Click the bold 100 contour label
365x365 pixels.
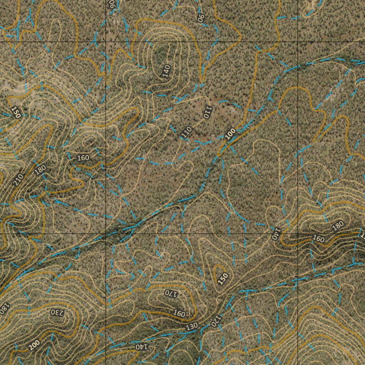[x=231, y=133]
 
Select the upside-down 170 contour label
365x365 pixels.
[x=171, y=293]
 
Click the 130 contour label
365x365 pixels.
[x=192, y=326]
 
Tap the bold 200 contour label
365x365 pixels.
[x=34, y=345]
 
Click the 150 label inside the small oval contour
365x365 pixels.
[x=223, y=278]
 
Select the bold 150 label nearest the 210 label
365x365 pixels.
[x=15, y=112]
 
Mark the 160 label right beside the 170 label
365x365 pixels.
[x=179, y=313]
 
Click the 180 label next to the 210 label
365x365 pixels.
[x=40, y=170]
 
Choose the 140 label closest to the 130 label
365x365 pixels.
[x=141, y=346]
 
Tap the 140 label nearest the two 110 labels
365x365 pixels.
[x=166, y=71]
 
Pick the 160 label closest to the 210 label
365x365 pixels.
[x=83, y=158]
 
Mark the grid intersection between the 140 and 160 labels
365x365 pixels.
[x=298, y=234]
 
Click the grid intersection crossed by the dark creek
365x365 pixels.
[x=106, y=234]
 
